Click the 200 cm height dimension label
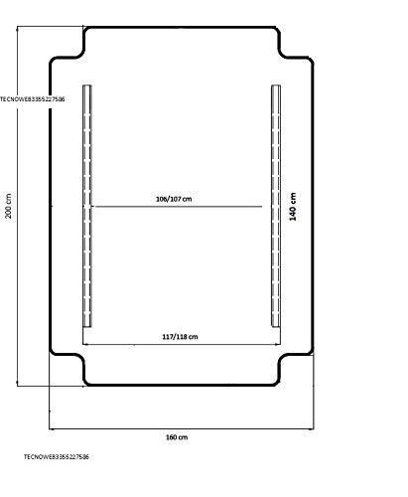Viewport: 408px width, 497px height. tap(8, 206)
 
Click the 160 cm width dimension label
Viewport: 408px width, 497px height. tap(177, 437)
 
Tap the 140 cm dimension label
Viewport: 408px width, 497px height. tap(293, 206)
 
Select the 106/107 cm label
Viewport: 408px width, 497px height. tap(174, 199)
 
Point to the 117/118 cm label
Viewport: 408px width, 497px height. tap(180, 337)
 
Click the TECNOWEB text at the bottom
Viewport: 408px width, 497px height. tap(57, 456)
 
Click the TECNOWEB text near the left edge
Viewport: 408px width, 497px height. tap(33, 99)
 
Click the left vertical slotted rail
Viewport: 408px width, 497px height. tap(87, 206)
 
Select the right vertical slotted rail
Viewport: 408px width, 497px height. tap(276, 206)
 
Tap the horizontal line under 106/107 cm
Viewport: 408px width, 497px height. tap(179, 207)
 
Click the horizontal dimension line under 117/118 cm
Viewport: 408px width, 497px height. tap(182, 344)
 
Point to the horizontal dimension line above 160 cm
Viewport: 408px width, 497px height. tap(182, 429)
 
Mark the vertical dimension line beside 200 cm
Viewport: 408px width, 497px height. tap(17, 206)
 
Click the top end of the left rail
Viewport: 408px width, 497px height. tap(87, 85)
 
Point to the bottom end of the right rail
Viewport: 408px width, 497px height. tap(276, 327)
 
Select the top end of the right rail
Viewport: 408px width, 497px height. tap(276, 85)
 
